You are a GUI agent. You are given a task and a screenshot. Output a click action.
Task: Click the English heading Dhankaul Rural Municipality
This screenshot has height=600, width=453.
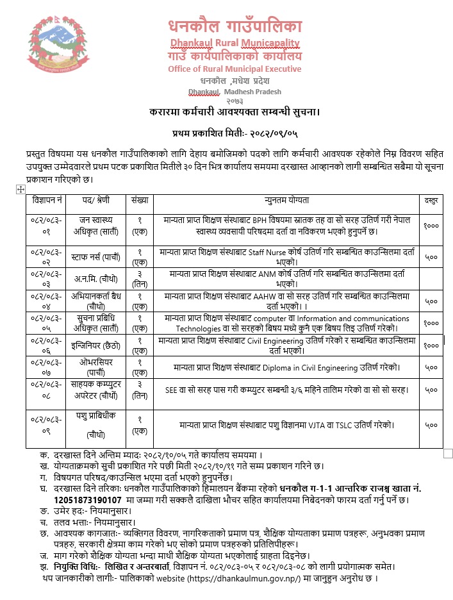[x=235, y=44]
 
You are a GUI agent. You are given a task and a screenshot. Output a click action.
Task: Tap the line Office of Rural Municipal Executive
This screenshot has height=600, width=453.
[x=235, y=69]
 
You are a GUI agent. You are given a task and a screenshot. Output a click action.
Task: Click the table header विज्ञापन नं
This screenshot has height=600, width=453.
[x=47, y=201]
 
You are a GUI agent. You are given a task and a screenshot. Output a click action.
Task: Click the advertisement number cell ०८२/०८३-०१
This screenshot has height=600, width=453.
[x=47, y=225]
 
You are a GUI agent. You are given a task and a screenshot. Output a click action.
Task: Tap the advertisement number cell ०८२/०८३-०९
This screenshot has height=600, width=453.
[x=47, y=424]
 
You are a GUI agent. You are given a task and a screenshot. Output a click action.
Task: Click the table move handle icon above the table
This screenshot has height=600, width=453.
[x=20, y=188]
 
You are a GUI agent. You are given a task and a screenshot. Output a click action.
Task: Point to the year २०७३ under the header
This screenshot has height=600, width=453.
[x=235, y=101]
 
